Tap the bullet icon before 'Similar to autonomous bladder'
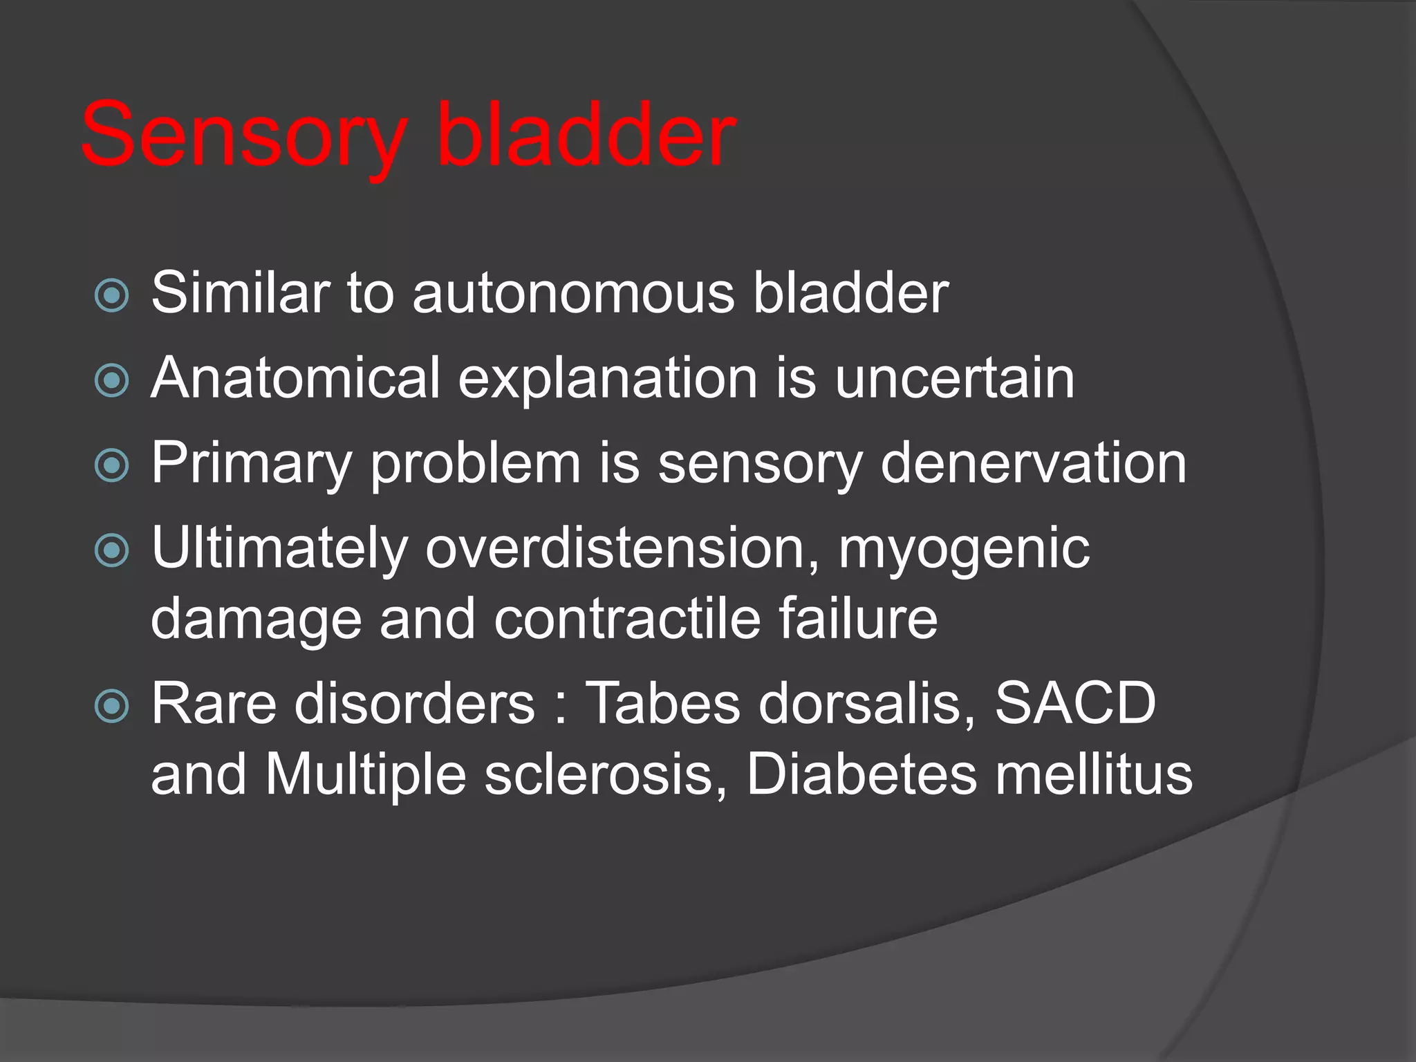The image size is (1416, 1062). coord(111,296)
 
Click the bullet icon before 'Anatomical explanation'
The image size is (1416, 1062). coord(111,380)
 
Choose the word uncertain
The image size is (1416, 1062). coord(955,378)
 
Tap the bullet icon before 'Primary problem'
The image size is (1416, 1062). coord(111,465)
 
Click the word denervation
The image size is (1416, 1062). coord(1033,463)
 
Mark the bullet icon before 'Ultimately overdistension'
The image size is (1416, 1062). coord(111,550)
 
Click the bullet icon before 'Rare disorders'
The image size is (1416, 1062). coord(111,706)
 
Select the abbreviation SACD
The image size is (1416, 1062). coord(1075,703)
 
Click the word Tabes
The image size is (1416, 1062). coord(662,703)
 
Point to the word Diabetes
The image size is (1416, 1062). coord(861,774)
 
